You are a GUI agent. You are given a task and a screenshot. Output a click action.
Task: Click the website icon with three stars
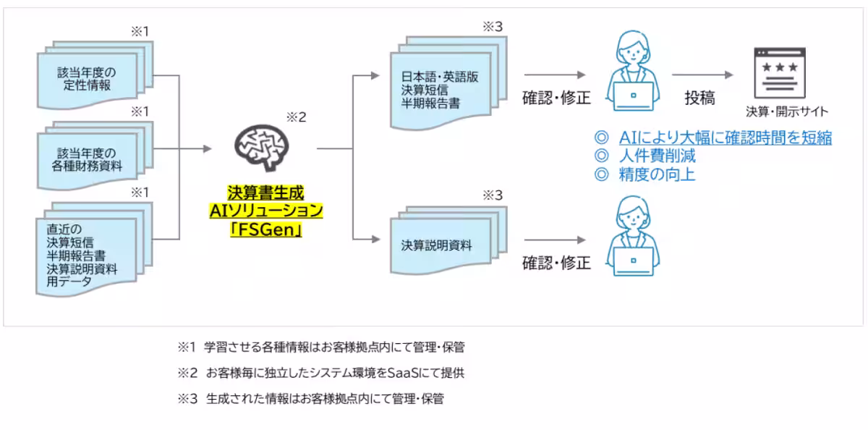click(x=779, y=72)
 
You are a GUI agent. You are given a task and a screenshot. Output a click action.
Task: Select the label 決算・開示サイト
click(x=787, y=112)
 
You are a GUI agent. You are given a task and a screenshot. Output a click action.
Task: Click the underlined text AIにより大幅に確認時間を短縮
click(x=725, y=138)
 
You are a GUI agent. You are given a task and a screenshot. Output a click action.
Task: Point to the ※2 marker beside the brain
click(x=296, y=117)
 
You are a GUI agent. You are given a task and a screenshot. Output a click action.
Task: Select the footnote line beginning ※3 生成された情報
click(x=311, y=398)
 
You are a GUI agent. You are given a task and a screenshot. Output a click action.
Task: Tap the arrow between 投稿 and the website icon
click(x=701, y=75)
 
